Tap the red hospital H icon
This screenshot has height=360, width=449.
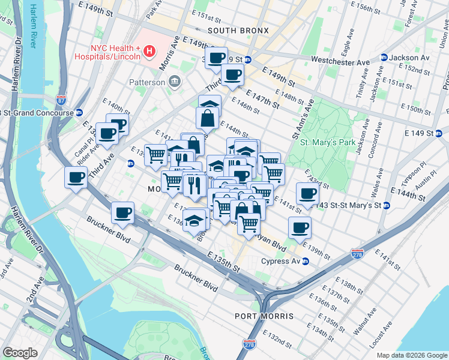coord(149,53)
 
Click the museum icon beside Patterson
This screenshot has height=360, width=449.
coord(174,82)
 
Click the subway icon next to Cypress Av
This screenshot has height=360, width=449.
coord(305,261)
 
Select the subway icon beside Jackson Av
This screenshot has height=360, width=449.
coord(384,58)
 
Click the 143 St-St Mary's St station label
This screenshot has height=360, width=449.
coord(351,205)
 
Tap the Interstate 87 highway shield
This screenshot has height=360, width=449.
coord(61,99)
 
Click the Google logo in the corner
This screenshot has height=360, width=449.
coord(20,353)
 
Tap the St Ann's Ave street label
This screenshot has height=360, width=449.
coord(303,119)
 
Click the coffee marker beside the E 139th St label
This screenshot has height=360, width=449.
coord(300,227)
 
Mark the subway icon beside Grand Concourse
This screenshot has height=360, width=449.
coord(79,112)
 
